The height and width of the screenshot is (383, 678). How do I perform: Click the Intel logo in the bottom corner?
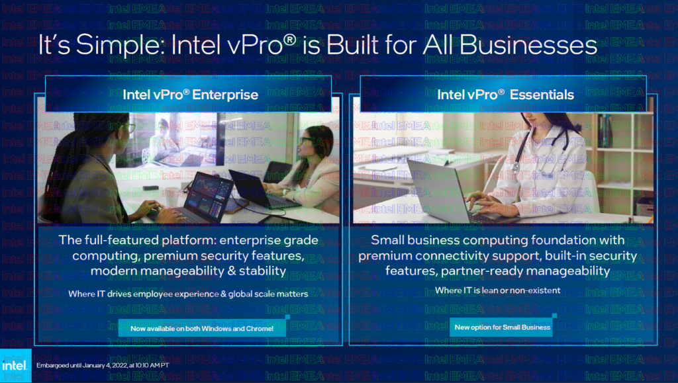click(x=15, y=366)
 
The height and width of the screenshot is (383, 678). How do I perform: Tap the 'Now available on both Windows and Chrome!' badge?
click(x=202, y=327)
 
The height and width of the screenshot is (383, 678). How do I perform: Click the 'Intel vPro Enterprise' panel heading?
click(x=190, y=95)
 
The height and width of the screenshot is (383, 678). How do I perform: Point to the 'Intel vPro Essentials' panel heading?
click(x=505, y=95)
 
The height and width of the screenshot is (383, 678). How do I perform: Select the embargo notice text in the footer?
click(x=103, y=365)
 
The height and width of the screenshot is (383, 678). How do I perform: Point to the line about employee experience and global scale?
click(x=188, y=293)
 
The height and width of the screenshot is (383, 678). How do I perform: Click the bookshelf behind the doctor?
click(x=622, y=152)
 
